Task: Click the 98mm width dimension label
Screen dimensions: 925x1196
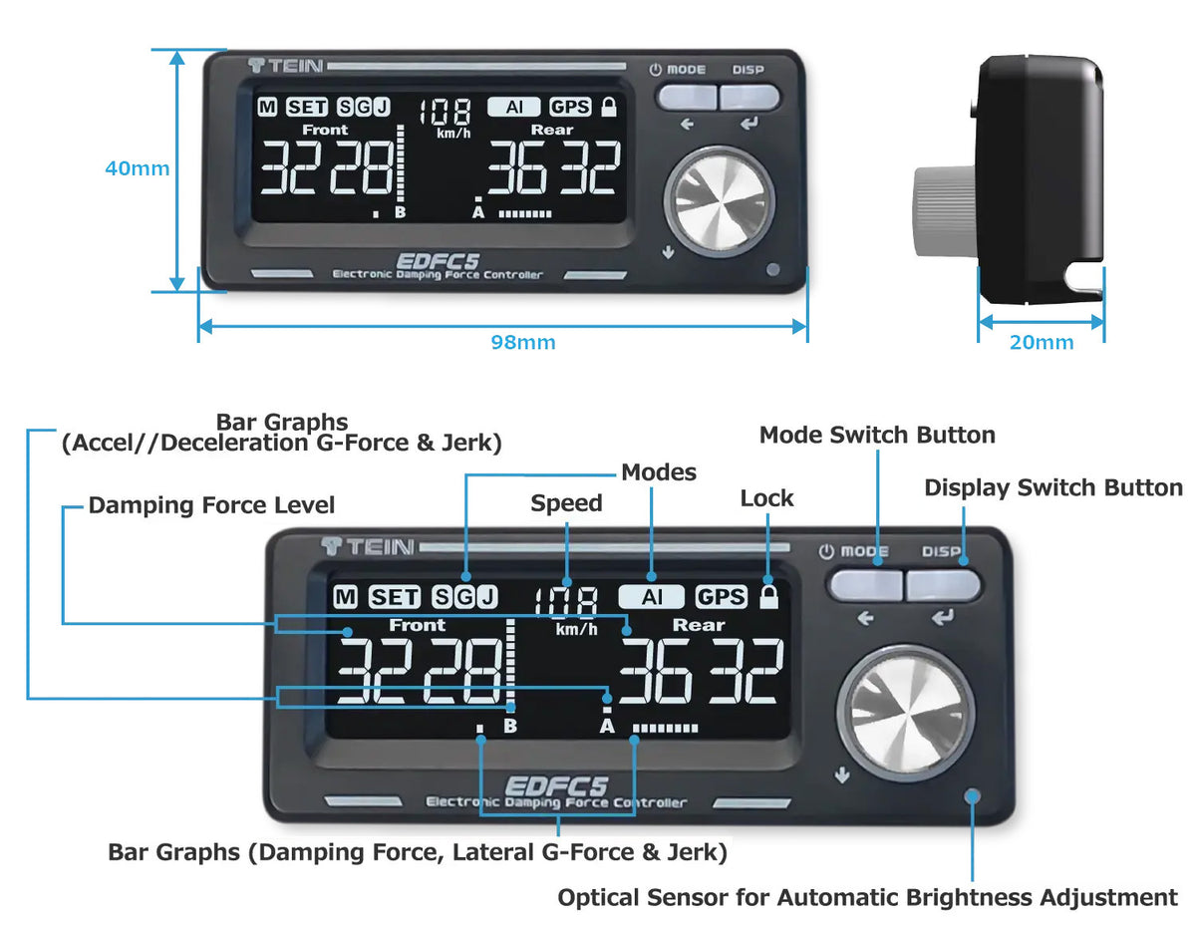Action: point(522,343)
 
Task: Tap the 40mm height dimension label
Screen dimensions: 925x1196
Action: point(137,168)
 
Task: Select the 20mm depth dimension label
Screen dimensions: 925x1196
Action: point(1041,343)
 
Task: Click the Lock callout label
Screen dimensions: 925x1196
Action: point(766,498)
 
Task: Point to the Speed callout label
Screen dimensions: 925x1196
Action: point(566,503)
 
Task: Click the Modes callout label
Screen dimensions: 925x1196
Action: point(659,471)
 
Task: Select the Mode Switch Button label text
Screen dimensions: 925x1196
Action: point(877,435)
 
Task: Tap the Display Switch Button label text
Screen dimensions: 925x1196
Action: point(1053,487)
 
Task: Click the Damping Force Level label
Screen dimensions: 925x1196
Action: point(211,505)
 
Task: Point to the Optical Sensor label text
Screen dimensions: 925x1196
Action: point(867,897)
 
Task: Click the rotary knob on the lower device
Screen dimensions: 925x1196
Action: point(904,712)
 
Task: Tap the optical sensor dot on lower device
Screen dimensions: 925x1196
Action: point(973,795)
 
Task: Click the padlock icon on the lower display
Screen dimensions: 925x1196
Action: point(767,596)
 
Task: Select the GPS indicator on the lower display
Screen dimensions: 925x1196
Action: point(721,596)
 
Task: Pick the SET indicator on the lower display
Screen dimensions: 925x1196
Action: point(395,597)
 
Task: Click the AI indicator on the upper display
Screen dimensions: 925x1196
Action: point(514,107)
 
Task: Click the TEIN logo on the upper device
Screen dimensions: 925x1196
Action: point(285,66)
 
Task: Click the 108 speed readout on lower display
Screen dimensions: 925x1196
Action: point(566,601)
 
